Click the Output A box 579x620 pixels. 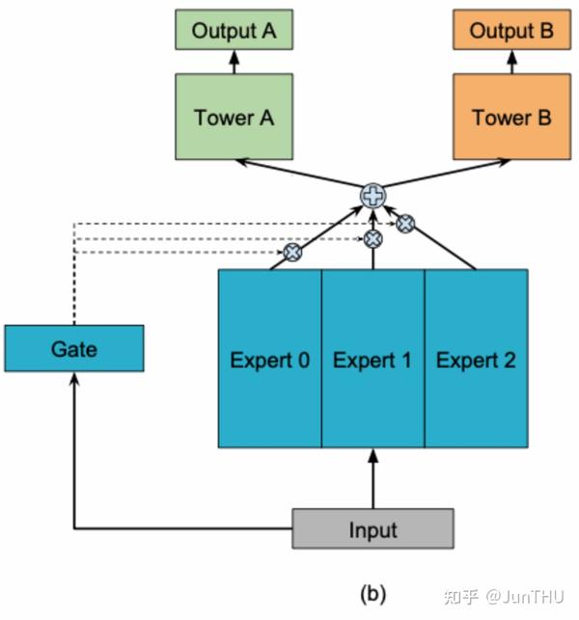[x=234, y=30]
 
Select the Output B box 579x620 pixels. [x=511, y=30]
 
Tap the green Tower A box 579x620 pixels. [x=234, y=118]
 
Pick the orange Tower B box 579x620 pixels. [x=511, y=118]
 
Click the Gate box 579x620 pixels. [x=74, y=348]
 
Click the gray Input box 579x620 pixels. [x=372, y=528]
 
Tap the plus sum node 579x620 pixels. [x=372, y=196]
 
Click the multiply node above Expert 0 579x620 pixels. [x=290, y=253]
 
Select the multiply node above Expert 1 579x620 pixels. [x=372, y=237]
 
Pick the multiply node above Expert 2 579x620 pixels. [x=406, y=223]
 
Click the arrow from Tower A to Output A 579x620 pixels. [x=234, y=63]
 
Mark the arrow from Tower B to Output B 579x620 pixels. [x=511, y=63]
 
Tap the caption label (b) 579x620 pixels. [x=372, y=593]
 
